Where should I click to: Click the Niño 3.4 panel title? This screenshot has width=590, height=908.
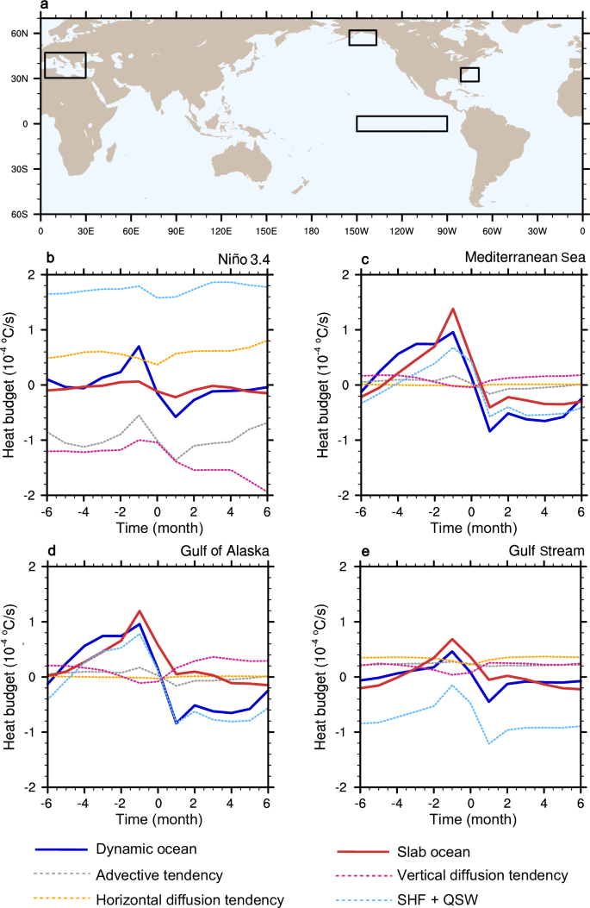261,257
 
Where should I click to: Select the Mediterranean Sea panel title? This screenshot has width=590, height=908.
525,257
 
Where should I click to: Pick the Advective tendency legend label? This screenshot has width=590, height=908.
159,875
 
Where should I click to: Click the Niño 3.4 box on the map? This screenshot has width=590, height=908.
401,123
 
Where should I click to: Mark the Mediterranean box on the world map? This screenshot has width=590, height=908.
65,65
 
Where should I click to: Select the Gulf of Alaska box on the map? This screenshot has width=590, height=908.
363,37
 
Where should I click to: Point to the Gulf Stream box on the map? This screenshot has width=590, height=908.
469,74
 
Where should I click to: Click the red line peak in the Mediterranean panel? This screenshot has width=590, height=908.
453,309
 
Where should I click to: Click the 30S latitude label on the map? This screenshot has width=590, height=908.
28,169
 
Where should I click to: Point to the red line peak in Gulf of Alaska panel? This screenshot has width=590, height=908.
139,611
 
